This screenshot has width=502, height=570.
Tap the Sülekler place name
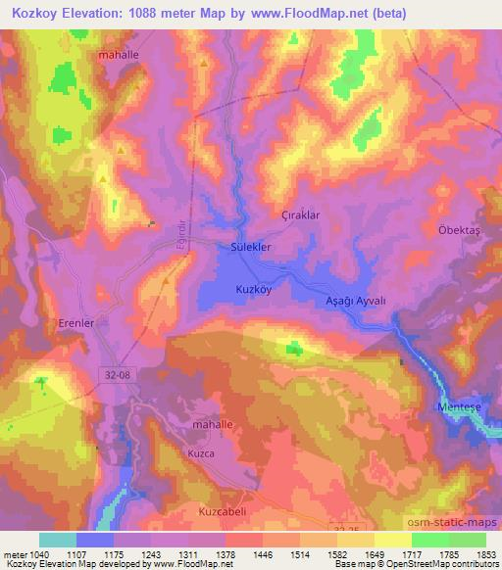[x=250, y=248]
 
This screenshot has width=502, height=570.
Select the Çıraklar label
[x=301, y=214]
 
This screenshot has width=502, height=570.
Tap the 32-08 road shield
[x=113, y=373]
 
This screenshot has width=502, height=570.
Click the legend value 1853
[x=484, y=553]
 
